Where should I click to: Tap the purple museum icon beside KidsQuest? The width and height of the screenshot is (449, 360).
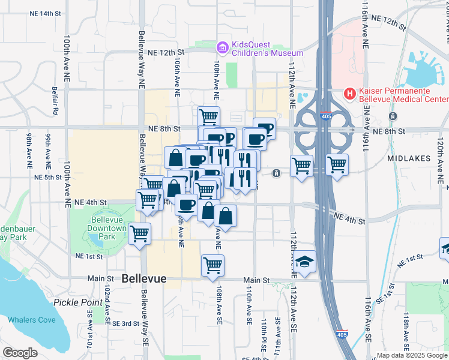click(x=223, y=47)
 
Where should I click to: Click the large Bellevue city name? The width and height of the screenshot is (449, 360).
click(x=143, y=279)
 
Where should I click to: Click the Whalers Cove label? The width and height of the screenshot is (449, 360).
click(x=32, y=320)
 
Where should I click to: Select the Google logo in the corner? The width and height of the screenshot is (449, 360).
click(x=20, y=353)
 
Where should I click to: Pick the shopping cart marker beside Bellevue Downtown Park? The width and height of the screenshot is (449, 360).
click(x=139, y=233)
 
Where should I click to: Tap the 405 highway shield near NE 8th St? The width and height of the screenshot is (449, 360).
click(x=325, y=118)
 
